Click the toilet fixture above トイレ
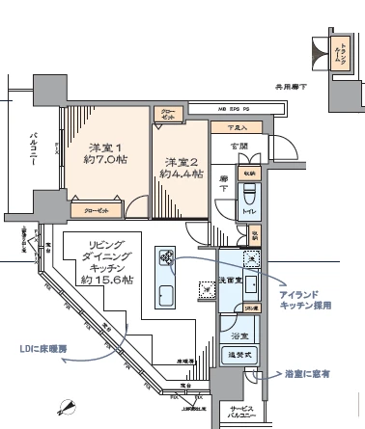tap(247, 191)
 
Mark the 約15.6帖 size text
tap(106, 279)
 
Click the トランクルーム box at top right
tap(340, 56)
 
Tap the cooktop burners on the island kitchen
tap(167, 256)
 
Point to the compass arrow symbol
tap(67, 406)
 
